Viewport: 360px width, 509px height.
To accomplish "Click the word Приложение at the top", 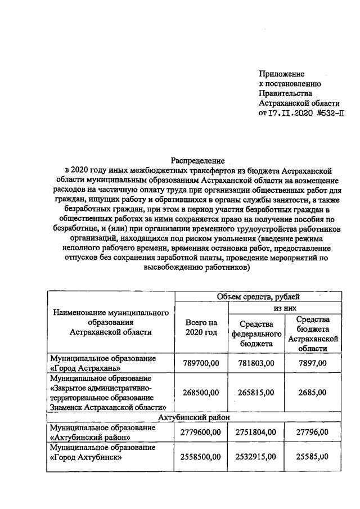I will coord(281,74).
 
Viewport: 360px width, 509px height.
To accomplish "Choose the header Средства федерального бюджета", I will coord(256,333).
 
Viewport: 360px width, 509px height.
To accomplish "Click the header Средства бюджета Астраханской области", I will coord(313,333).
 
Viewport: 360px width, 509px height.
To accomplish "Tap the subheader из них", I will coord(285,309).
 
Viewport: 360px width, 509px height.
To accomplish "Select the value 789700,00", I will coord(201,364).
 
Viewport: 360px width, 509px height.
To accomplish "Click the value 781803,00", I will coord(256,364).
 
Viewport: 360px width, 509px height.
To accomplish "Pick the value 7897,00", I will coord(313,364).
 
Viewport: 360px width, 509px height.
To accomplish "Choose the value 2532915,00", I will coord(256,457).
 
